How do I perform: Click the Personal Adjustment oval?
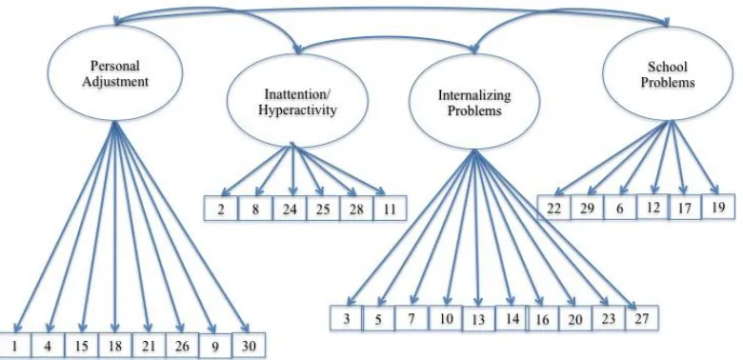(115, 73)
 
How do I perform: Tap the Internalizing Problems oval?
(474, 102)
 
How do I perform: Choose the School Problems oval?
(668, 73)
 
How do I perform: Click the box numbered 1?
(14, 346)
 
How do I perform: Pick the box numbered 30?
(249, 346)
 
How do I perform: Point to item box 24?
(289, 209)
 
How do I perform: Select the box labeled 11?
(390, 209)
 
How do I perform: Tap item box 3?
(347, 318)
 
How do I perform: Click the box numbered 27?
(642, 318)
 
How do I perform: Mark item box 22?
(553, 208)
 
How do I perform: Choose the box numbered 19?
(718, 207)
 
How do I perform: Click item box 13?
(478, 319)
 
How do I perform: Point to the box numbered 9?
(215, 346)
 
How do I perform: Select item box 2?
(221, 209)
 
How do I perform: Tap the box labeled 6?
(620, 208)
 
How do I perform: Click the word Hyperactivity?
(297, 110)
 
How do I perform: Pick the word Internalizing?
(474, 95)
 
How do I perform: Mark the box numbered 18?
(114, 346)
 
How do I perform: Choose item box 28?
(356, 209)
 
